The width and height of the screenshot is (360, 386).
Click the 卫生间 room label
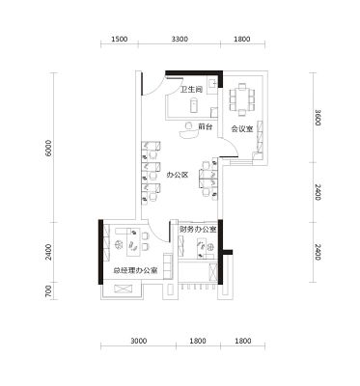click(191, 90)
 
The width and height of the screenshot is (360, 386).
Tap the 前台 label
click(205, 126)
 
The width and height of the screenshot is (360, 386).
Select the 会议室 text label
click(242, 129)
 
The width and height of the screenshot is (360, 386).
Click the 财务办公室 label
click(198, 230)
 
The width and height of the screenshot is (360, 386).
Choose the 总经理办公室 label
click(135, 270)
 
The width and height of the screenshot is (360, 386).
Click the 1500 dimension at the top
click(120, 40)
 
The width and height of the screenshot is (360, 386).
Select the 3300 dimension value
click(180, 40)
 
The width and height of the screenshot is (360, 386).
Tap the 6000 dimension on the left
click(48, 148)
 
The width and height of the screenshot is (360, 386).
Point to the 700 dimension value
click(48, 291)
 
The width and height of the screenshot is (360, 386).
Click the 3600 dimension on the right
click(318, 118)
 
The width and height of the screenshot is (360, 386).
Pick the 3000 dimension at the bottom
click(139, 341)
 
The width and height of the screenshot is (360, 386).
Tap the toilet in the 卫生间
click(194, 105)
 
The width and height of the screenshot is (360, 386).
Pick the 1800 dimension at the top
click(242, 40)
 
